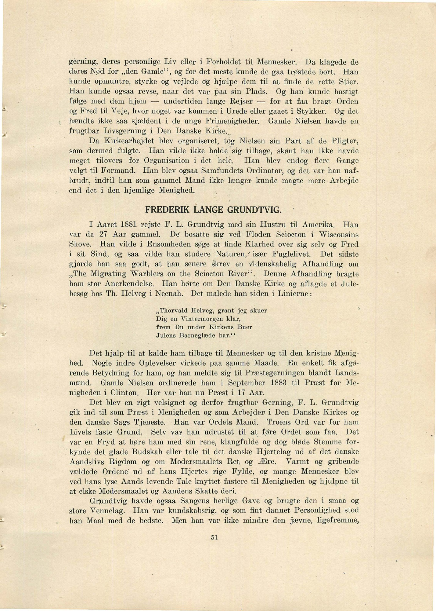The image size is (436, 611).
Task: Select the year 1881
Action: coord(128,225)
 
